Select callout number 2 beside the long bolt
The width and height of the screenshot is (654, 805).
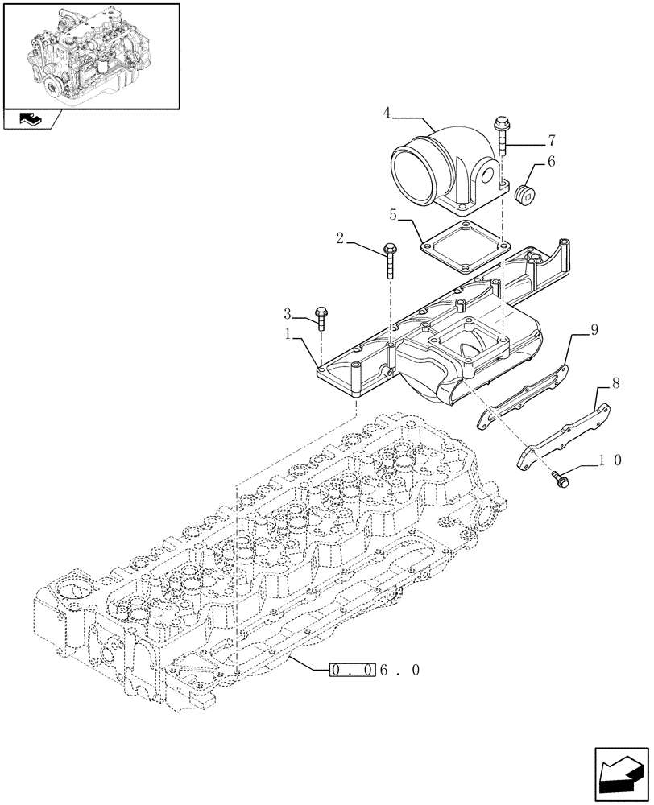tap(340, 239)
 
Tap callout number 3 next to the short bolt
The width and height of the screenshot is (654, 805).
tap(287, 312)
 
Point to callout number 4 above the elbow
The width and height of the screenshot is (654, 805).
tap(387, 114)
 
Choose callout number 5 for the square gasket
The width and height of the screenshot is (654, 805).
tap(394, 215)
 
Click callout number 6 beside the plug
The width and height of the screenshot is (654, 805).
tap(552, 161)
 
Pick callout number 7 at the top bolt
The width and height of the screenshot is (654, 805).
tap(551, 138)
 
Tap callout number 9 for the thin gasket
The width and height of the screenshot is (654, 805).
tap(593, 329)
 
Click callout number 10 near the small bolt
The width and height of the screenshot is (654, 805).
tap(609, 460)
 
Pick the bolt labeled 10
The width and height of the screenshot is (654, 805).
tap(558, 477)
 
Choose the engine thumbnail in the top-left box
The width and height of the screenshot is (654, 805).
tap(90, 56)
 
